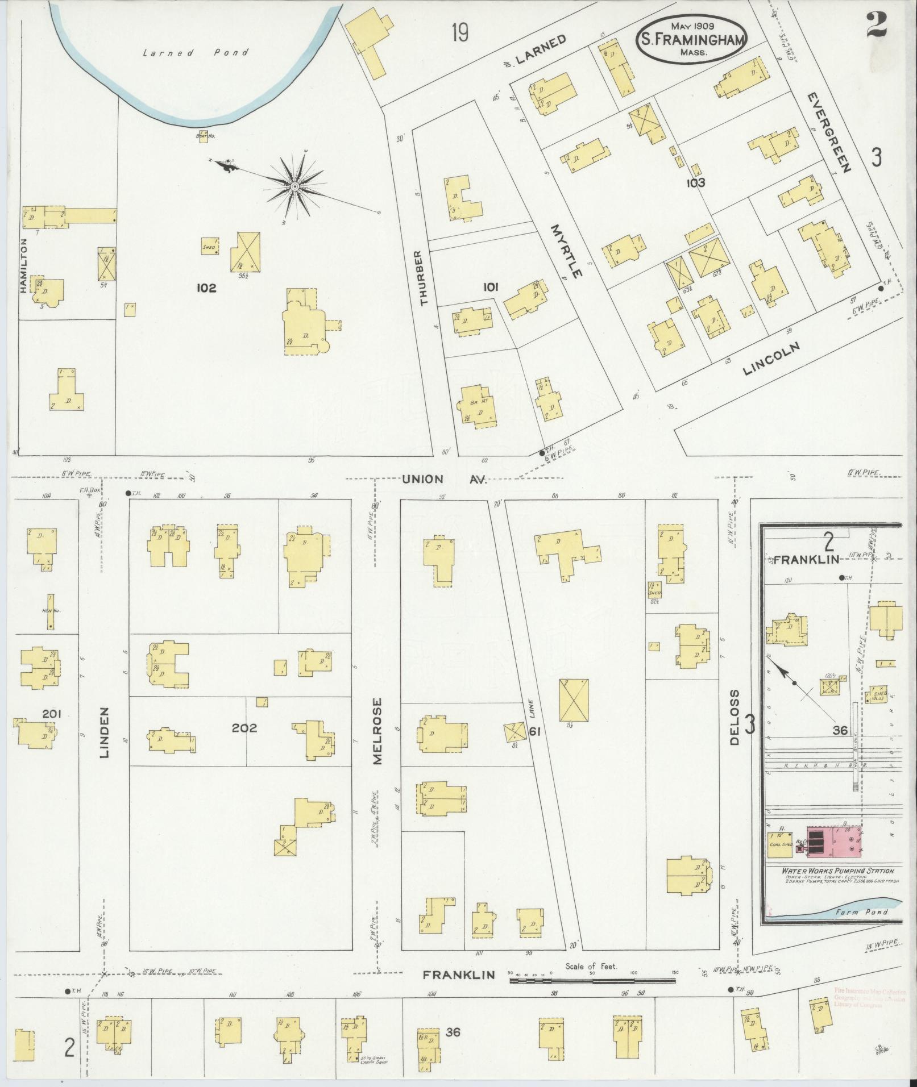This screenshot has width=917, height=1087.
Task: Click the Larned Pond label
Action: click(196, 53)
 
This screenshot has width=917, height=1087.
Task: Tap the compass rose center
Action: click(295, 187)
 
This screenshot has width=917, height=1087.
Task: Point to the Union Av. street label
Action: click(445, 480)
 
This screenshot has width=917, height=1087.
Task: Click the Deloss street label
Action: click(735, 718)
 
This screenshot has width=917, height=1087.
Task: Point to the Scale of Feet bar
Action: click(592, 981)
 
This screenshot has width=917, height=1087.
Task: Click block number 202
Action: click(244, 728)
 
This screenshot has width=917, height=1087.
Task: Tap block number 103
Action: click(695, 183)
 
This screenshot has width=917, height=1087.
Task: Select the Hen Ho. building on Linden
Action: click(51, 611)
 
